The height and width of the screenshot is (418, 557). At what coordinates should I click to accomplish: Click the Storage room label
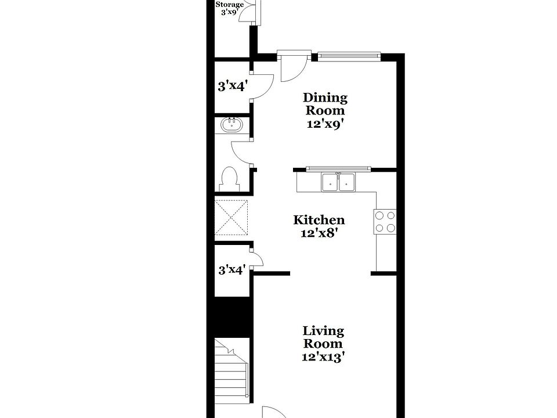coord(230,5)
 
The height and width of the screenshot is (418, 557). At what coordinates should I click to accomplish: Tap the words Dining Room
coord(325,104)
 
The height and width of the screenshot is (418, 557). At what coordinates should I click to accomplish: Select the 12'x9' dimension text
coord(325,124)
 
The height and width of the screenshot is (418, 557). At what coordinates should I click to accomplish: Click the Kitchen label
coord(319,220)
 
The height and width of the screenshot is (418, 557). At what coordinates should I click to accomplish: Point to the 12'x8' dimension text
coord(319,233)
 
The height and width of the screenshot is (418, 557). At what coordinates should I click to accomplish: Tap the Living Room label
coord(323,337)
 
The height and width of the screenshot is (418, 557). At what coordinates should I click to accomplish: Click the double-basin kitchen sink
coord(338,182)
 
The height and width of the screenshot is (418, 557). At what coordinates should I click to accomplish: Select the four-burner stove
coord(386,221)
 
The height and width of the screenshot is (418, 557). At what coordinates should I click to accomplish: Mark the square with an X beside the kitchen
coord(232,218)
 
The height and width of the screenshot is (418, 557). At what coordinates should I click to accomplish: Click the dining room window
coord(349,56)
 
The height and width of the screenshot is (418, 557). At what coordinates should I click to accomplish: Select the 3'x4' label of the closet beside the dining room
coord(232,87)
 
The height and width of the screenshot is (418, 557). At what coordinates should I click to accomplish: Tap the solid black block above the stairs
coord(232,317)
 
